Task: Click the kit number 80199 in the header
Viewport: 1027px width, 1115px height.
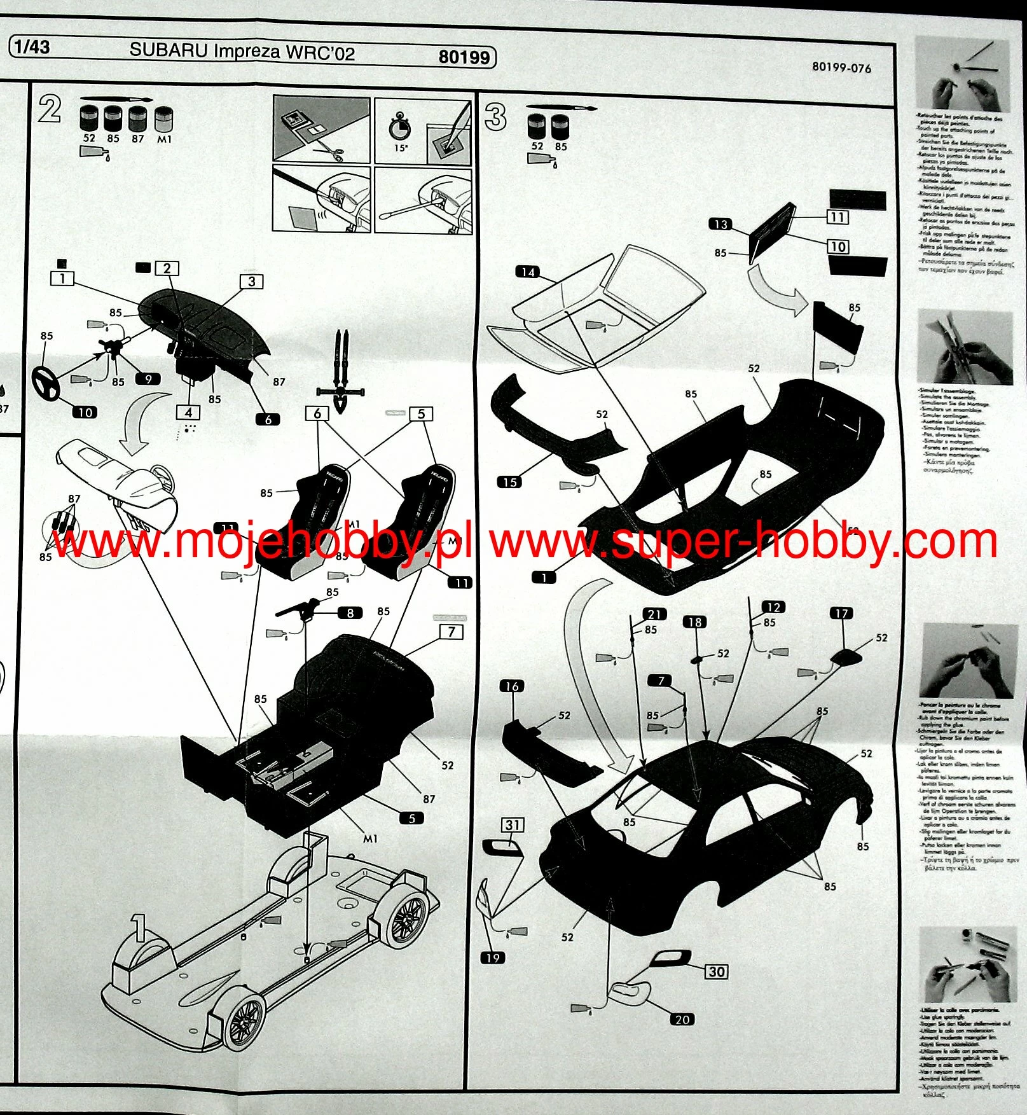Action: coord(464,57)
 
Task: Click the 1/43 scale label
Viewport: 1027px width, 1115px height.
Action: coord(32,46)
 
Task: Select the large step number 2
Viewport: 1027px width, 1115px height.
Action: coord(50,109)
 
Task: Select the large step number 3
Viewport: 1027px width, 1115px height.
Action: coord(495,118)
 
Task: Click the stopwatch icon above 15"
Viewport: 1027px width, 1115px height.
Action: coord(400,127)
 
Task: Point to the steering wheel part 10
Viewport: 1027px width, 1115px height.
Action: coord(46,381)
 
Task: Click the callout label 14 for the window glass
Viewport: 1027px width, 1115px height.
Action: coord(528,272)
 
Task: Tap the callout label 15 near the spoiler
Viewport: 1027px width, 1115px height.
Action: coord(510,482)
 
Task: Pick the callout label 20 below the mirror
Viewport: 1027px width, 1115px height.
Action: coord(682,1019)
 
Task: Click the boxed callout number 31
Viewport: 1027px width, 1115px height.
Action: coord(513,825)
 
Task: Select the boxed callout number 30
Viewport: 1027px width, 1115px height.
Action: coord(717,971)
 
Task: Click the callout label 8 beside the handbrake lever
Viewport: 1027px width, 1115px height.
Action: coord(350,613)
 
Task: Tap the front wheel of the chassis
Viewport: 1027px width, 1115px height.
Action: coord(244,1023)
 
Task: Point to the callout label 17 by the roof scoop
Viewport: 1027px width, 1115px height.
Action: coord(841,613)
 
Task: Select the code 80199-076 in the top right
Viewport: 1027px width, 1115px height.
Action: coord(841,67)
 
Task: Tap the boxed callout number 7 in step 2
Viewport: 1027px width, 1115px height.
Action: coord(451,632)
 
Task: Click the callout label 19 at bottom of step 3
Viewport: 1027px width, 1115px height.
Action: coord(493,958)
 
